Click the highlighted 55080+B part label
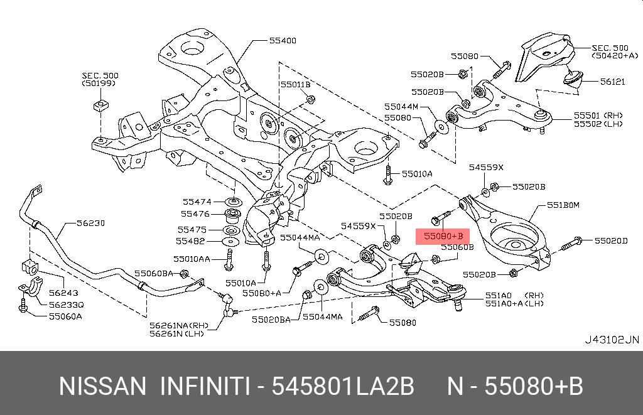pyautogui.click(x=442, y=236)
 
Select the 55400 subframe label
pyautogui.click(x=283, y=41)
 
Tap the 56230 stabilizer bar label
pyautogui.click(x=91, y=223)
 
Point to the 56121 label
pyautogui.click(x=612, y=82)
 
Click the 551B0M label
pyautogui.click(x=563, y=205)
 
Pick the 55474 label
pyautogui.click(x=197, y=202)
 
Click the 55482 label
pyautogui.click(x=191, y=241)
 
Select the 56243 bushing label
pyautogui.click(x=63, y=292)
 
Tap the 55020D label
pyautogui.click(x=612, y=240)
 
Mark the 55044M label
pyautogui.click(x=401, y=107)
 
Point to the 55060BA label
pyautogui.click(x=153, y=273)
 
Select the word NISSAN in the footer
pyautogui.click(x=103, y=386)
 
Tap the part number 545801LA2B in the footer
pyautogui.click(x=343, y=386)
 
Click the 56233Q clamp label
pyautogui.click(x=66, y=304)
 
